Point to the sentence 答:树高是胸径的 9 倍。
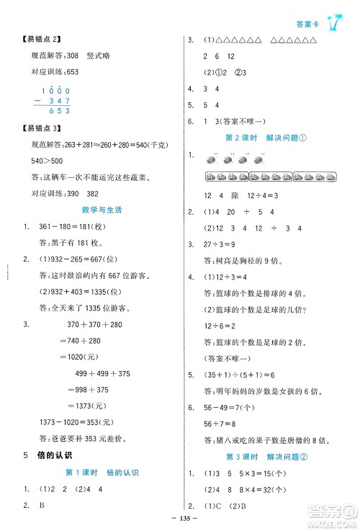pos(244,262)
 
